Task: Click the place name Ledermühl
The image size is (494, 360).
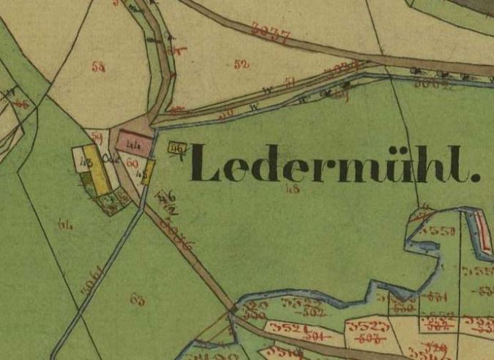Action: (336, 164)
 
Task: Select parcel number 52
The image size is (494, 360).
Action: (242, 64)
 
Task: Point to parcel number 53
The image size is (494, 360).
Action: (99, 67)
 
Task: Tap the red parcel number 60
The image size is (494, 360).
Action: (132, 163)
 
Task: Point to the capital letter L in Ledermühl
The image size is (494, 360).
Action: (206, 163)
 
